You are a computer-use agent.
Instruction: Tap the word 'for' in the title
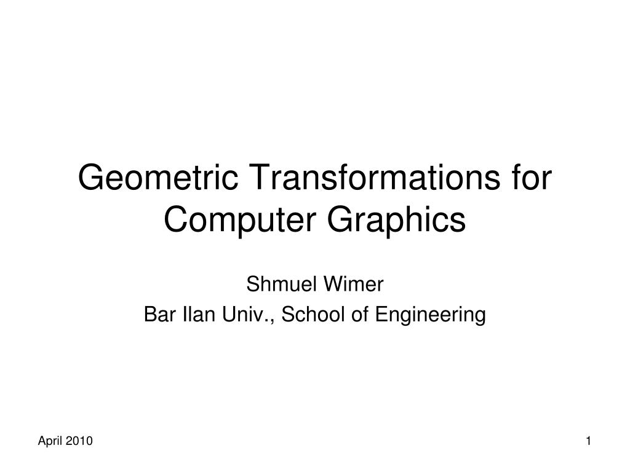click(530, 179)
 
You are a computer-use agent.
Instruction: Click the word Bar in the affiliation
click(156, 315)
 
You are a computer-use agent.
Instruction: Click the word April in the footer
click(50, 441)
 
